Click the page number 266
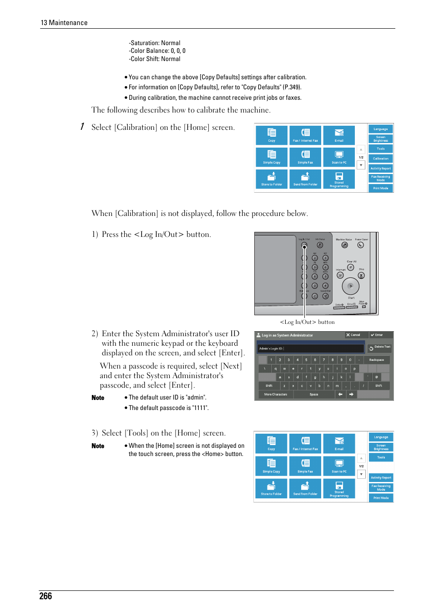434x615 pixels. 45,596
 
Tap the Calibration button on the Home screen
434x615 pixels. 381,159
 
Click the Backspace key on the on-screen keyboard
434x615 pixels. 376,360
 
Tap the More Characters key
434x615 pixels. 276,395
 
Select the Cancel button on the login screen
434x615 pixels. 353,335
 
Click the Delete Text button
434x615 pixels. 380,347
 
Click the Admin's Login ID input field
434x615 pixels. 311,348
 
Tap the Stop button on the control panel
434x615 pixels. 361,275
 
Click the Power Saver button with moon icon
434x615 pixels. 361,245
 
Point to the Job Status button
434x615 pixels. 320,245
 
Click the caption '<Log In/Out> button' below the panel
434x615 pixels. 307,322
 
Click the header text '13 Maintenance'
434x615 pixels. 64,23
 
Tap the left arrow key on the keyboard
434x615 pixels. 340,395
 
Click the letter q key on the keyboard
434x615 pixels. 276,369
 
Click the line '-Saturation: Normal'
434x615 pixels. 155,43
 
